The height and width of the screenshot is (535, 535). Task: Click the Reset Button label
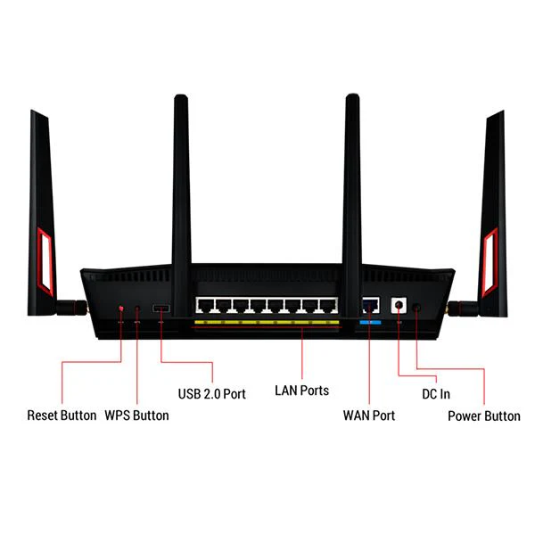pos(62,416)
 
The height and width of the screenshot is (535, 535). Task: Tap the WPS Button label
pos(136,416)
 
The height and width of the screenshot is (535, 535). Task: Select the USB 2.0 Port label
pos(212,394)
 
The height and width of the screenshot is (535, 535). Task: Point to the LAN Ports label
pos(302,391)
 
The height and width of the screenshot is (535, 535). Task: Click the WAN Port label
pos(369,416)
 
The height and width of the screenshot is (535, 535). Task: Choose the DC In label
pos(436,394)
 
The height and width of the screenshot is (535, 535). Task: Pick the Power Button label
pos(484,416)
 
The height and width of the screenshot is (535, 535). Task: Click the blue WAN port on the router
pos(371,305)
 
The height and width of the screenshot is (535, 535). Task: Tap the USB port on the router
pos(161,309)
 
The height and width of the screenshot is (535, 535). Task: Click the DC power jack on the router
pos(399,305)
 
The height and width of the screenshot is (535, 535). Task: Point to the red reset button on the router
pos(120,309)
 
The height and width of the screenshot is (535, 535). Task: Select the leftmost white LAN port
pos(205,305)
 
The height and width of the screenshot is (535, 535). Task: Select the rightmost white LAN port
pos(328,305)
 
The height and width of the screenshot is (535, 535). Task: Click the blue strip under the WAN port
pos(371,323)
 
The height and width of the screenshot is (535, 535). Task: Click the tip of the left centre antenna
pos(181,95)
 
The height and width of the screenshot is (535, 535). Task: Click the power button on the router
pos(416,308)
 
